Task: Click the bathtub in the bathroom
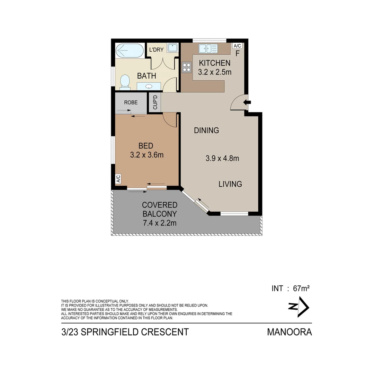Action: (x=129, y=51)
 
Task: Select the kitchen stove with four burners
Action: (x=187, y=66)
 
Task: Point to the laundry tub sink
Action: (x=172, y=47)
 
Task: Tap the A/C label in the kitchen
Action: (x=237, y=46)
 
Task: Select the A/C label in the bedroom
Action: (x=118, y=179)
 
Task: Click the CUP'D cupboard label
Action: (x=155, y=103)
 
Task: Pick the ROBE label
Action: (x=131, y=103)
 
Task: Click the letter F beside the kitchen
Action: (x=238, y=54)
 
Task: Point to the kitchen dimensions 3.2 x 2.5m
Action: (x=214, y=72)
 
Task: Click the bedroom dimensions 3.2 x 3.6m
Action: (x=146, y=155)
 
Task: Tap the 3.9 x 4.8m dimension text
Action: (x=222, y=159)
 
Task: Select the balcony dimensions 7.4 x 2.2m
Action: (x=159, y=223)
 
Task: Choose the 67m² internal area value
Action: (x=301, y=288)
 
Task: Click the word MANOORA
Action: (x=289, y=332)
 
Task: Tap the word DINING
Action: (x=206, y=131)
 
